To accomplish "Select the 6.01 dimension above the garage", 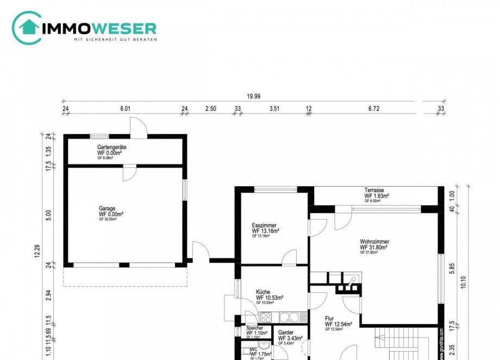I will tap(125, 109).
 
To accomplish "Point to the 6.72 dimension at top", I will tap(373, 109).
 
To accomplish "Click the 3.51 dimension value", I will tap(274, 109).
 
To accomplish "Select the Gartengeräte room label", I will tap(112, 148).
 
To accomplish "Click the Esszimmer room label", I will tap(264, 225).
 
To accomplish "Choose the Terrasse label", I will tap(376, 190).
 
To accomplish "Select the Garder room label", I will tap(286, 333).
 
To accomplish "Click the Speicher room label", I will tap(254, 328).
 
